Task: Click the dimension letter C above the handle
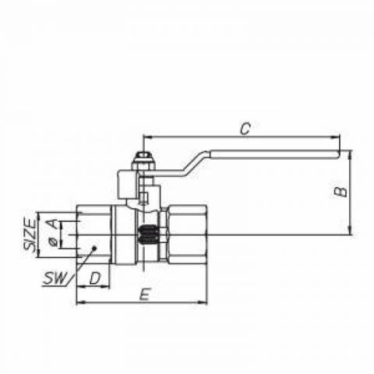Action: [245, 129]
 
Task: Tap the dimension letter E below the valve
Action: [145, 295]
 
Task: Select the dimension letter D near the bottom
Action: [95, 278]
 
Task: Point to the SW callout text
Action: [55, 278]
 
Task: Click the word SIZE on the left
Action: [30, 235]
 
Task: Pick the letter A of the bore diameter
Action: [53, 224]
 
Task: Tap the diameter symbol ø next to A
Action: [53, 242]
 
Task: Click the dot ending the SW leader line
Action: [94, 249]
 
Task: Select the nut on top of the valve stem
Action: [143, 160]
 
